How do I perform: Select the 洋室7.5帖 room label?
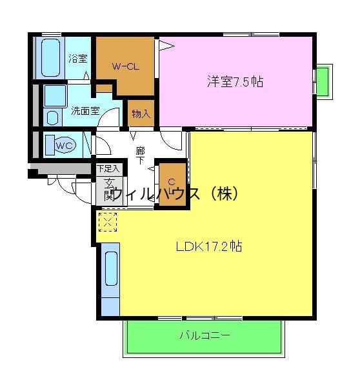tap(235, 82)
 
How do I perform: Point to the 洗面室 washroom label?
tap(85, 110)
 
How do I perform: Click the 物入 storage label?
tap(141, 114)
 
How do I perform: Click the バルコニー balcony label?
tap(204, 335)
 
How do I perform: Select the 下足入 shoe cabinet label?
tap(108, 169)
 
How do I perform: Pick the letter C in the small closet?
tap(172, 183)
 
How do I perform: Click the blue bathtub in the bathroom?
tap(48, 58)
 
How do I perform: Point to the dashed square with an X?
tap(108, 222)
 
